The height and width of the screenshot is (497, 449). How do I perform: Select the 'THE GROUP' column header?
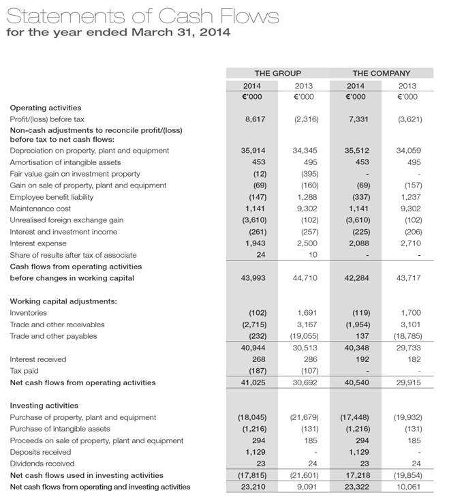277,73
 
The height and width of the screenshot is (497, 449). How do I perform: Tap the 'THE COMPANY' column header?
381,73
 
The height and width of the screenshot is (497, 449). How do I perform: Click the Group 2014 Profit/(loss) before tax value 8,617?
254,119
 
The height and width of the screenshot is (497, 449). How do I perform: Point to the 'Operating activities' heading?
45,108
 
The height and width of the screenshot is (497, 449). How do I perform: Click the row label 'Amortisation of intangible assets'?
65,162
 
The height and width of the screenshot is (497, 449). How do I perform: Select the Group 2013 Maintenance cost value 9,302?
306,209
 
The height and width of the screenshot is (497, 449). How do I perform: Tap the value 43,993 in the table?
253,278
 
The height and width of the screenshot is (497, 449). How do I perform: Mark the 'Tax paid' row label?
24,371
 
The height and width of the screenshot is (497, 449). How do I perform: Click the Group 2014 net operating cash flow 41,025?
253,382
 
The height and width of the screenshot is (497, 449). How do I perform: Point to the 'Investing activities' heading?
44,406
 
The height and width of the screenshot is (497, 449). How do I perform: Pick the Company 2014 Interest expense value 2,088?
359,243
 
